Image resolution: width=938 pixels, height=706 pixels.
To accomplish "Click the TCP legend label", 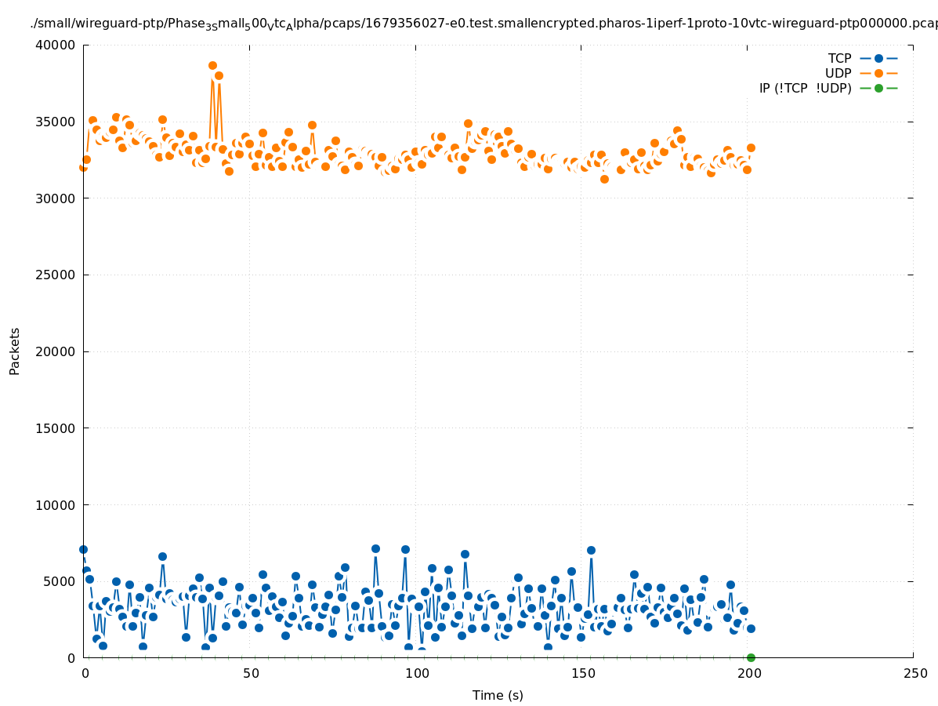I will (839, 58).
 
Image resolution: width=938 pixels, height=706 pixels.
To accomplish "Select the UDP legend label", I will (838, 73).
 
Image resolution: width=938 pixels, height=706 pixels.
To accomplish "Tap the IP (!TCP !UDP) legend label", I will (805, 88).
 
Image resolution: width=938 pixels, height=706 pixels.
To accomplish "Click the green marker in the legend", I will (878, 88).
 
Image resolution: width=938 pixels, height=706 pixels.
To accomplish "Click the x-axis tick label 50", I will (251, 674).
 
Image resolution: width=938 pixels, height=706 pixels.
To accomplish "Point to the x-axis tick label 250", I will (914, 674).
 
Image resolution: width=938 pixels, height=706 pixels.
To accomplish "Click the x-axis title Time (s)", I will (498, 695).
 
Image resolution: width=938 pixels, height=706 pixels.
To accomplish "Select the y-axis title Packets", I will (15, 351).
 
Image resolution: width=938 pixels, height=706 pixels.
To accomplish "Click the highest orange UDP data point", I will (212, 66).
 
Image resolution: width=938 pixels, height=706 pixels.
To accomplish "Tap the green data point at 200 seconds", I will (751, 657).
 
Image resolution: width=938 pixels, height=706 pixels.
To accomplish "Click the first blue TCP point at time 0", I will (83, 549).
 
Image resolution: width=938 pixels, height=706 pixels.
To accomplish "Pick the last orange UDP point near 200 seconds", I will (751, 147).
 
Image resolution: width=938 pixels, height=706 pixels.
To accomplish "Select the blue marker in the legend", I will (878, 58).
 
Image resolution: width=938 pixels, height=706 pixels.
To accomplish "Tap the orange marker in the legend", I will (878, 73).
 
